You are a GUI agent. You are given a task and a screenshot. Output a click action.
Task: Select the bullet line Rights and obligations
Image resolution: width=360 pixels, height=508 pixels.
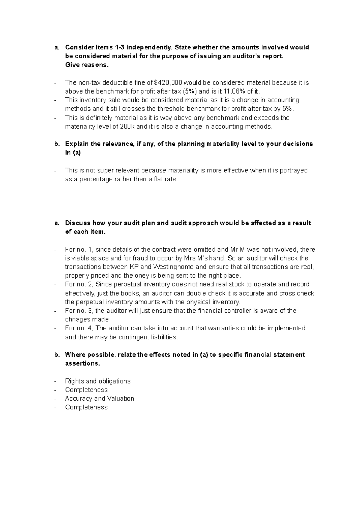click(x=98, y=381)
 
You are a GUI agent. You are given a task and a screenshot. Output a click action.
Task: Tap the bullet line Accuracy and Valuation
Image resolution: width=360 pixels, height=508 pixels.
click(x=100, y=399)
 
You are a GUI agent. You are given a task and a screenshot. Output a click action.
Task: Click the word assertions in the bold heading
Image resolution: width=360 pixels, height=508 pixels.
click(x=82, y=363)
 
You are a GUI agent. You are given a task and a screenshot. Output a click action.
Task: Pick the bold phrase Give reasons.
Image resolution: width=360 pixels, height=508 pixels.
click(x=86, y=65)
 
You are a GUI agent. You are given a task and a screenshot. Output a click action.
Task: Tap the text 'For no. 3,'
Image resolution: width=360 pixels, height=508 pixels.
click(x=79, y=311)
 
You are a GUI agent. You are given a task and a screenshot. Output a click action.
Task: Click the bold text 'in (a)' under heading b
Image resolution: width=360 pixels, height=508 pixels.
click(x=73, y=153)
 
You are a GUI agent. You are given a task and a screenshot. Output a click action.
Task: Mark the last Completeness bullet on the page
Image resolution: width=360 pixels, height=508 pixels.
click(x=86, y=407)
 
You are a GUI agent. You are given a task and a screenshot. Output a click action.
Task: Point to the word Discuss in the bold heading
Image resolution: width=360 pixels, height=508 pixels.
click(x=77, y=223)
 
